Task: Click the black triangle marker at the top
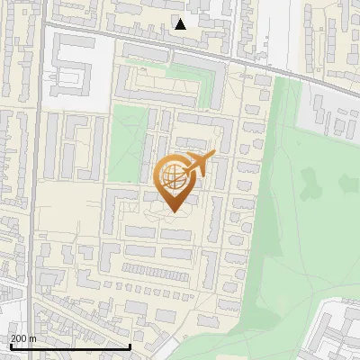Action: coord(181,24)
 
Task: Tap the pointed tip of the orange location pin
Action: coord(173,211)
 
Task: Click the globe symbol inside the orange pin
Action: coord(172,175)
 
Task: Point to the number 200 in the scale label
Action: coord(20,337)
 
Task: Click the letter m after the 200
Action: coord(33,337)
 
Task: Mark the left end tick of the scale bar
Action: coord(10,346)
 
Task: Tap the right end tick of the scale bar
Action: coord(130,346)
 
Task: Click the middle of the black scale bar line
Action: coord(70,346)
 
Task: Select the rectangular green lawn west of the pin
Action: coord(125,144)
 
